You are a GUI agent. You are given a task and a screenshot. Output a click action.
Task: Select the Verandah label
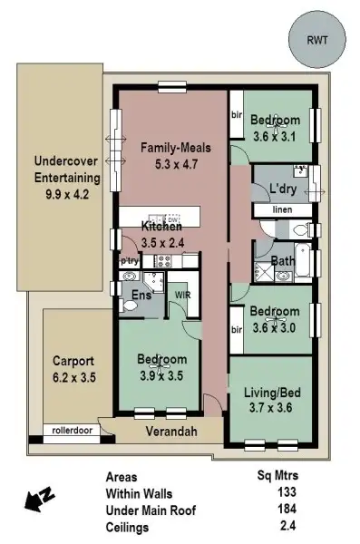tap(170, 432)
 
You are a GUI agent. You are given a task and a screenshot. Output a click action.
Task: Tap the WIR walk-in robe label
tap(182, 295)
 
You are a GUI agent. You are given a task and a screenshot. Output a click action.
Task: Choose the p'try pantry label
tap(129, 261)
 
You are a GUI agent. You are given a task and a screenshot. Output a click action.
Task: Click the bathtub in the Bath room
tap(305, 263)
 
